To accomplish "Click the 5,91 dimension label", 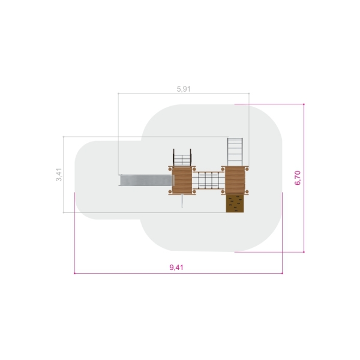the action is (184, 89).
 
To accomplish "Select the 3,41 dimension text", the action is (59, 175).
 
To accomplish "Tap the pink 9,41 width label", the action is (176, 268).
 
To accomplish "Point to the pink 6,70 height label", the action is (298, 178).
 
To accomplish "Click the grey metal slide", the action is (146, 180).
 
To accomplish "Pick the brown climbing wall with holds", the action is (235, 203).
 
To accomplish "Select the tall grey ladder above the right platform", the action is (235, 152).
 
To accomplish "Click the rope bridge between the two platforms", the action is (208, 180).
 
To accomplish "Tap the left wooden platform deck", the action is (182, 180).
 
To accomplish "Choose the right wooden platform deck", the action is (235, 180).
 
